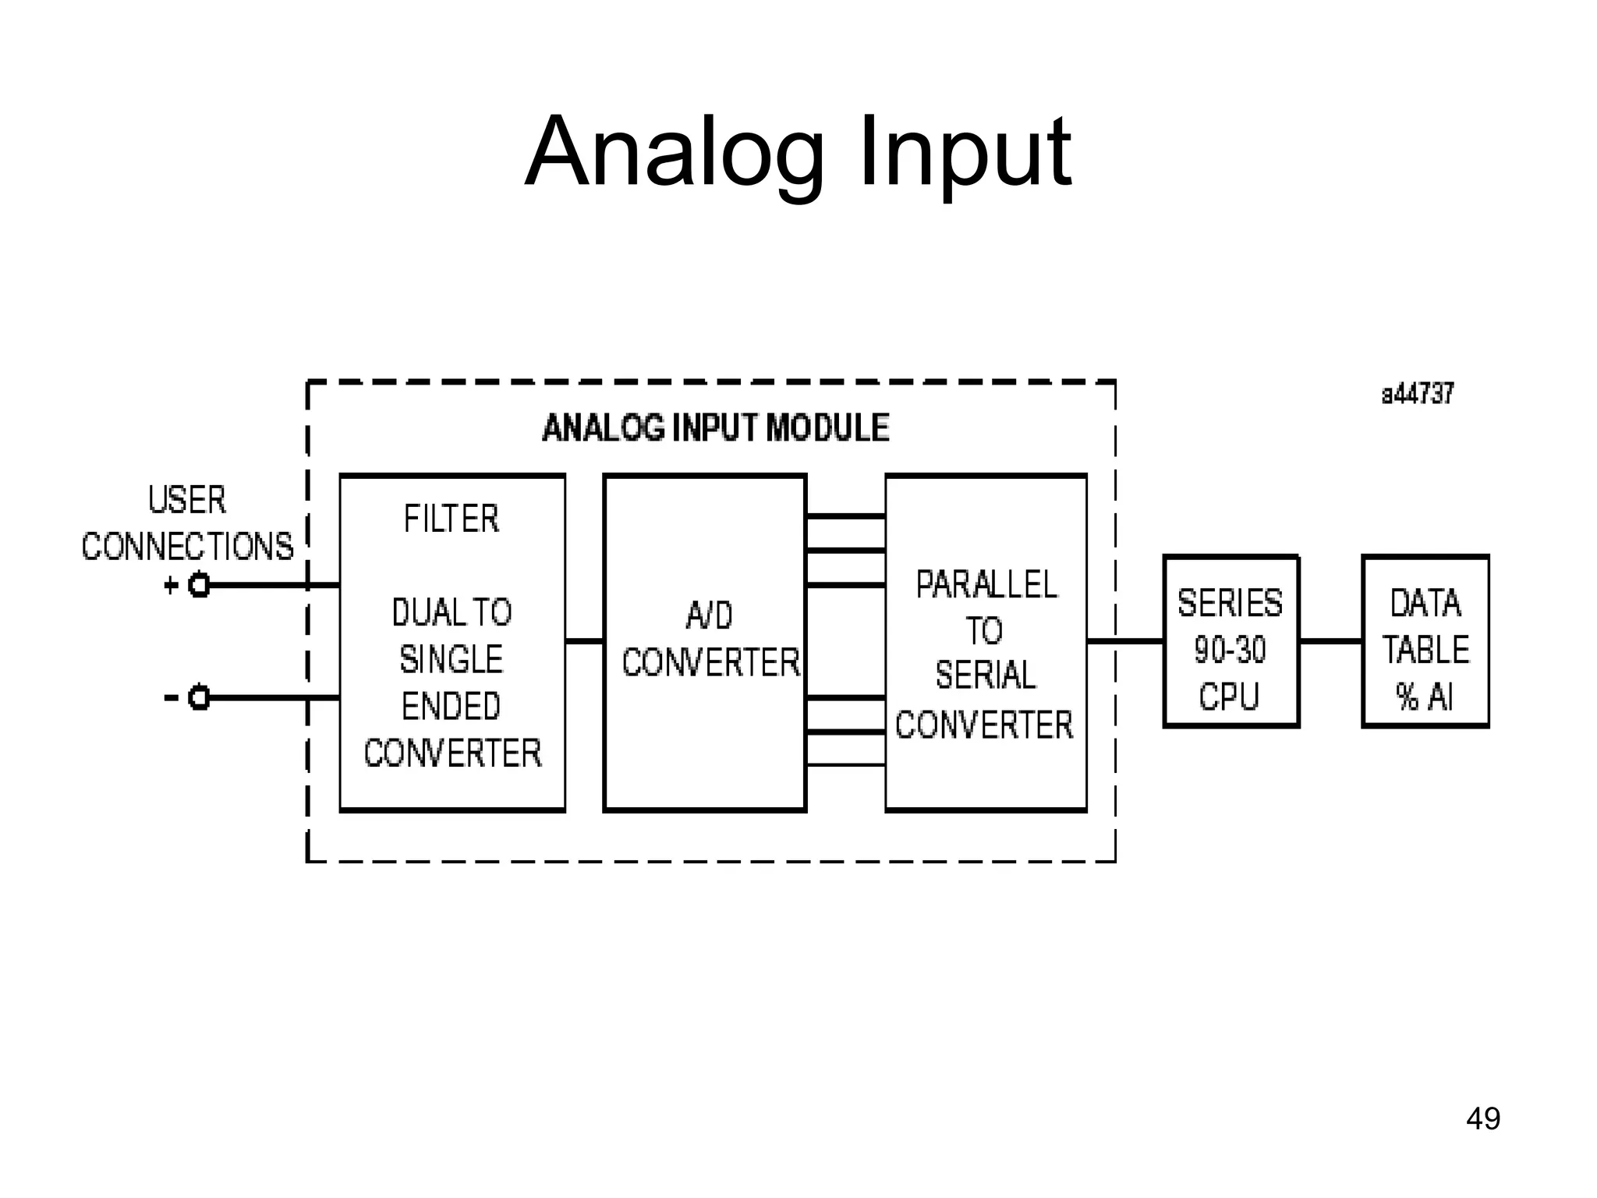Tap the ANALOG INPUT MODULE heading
[x=715, y=428]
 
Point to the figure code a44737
[x=1418, y=395]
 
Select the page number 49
[x=1482, y=1118]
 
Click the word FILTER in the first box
[x=451, y=519]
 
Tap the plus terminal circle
[x=200, y=585]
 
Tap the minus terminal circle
[x=200, y=697]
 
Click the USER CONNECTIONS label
[x=187, y=523]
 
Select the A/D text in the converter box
[x=709, y=616]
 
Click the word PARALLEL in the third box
[x=986, y=585]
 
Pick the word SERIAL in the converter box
[x=986, y=675]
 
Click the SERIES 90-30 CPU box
[x=1231, y=641]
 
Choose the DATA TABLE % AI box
[x=1425, y=641]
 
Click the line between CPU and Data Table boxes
[x=1330, y=641]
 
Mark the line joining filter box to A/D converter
[x=584, y=641]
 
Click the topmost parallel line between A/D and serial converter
[x=845, y=516]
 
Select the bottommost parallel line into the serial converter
[x=845, y=765]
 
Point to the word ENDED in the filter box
[x=451, y=707]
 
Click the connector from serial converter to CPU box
[x=1125, y=641]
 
